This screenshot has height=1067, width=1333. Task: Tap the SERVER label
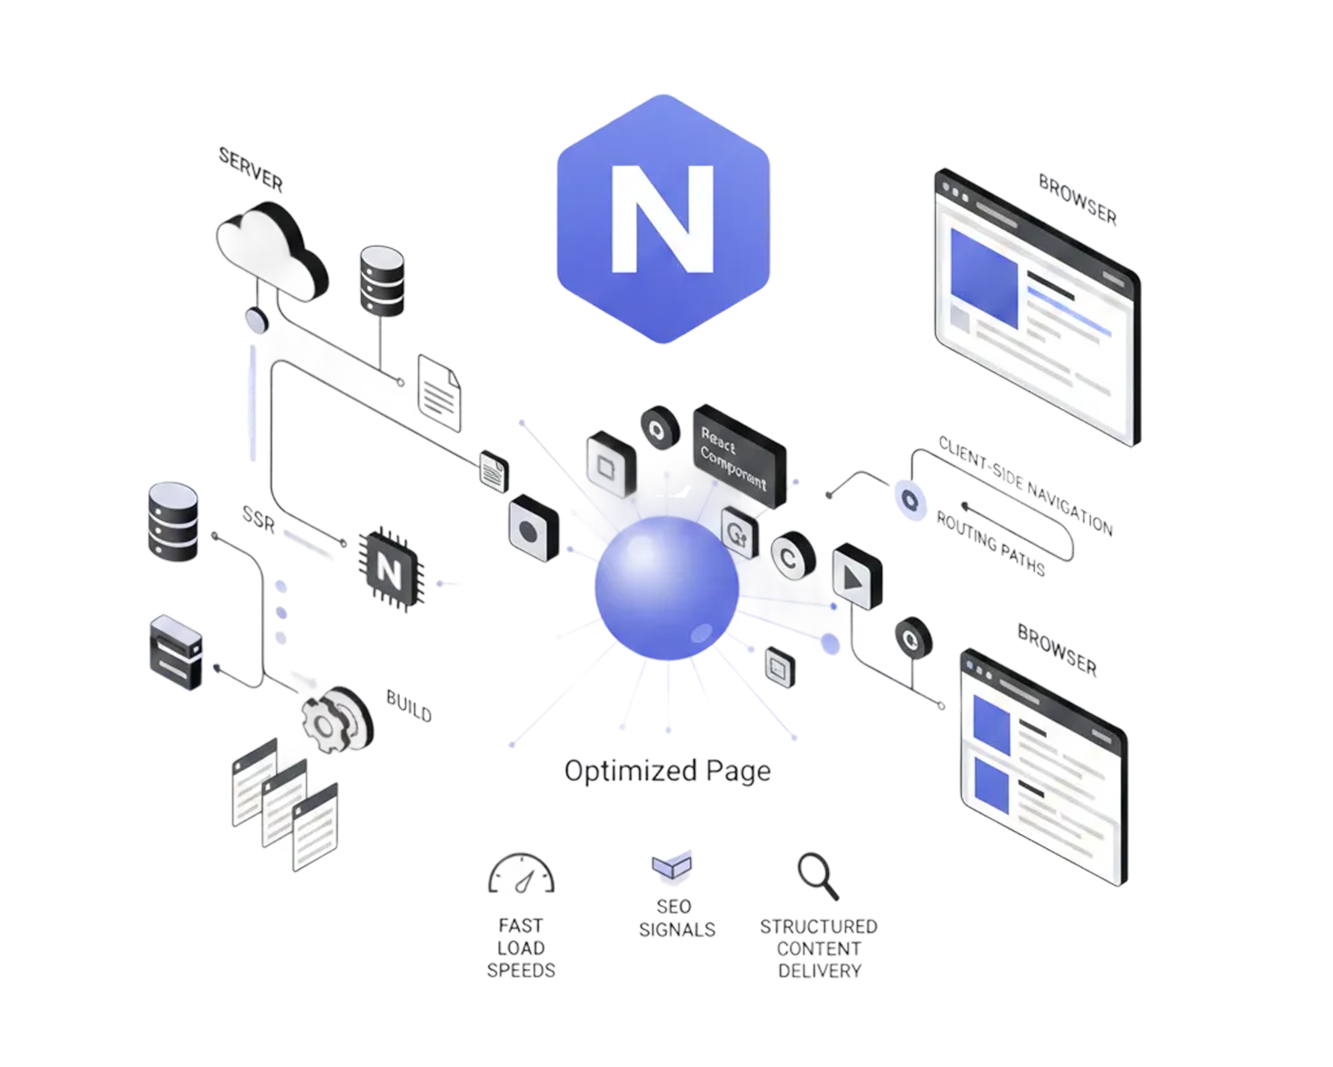[x=251, y=169]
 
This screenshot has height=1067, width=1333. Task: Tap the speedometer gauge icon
[x=521, y=874]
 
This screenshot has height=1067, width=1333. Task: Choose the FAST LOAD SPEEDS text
[x=521, y=948]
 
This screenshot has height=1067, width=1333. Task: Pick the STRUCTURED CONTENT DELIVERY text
[x=819, y=948]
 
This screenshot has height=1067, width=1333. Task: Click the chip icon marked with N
[x=390, y=569]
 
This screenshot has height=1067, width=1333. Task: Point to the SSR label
[x=258, y=520]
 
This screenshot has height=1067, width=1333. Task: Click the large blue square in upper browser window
[x=984, y=278]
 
